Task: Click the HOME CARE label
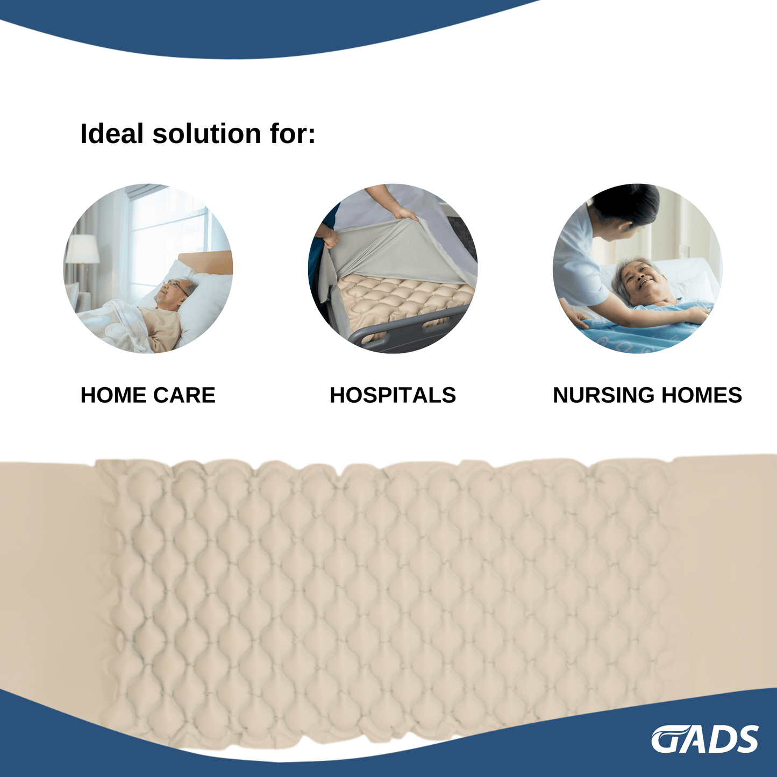(148, 395)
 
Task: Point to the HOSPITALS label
(393, 395)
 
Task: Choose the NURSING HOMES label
(647, 395)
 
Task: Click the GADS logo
(704, 739)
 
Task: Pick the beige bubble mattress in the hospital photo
(403, 298)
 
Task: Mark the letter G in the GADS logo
(667, 740)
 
